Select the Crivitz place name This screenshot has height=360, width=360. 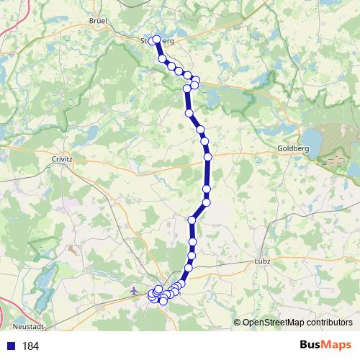coord(63,157)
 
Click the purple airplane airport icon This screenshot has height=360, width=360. coord(135,291)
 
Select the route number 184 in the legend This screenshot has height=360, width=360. coord(30,346)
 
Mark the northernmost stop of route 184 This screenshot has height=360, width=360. coord(156,40)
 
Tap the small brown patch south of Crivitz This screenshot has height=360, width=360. coord(74,251)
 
